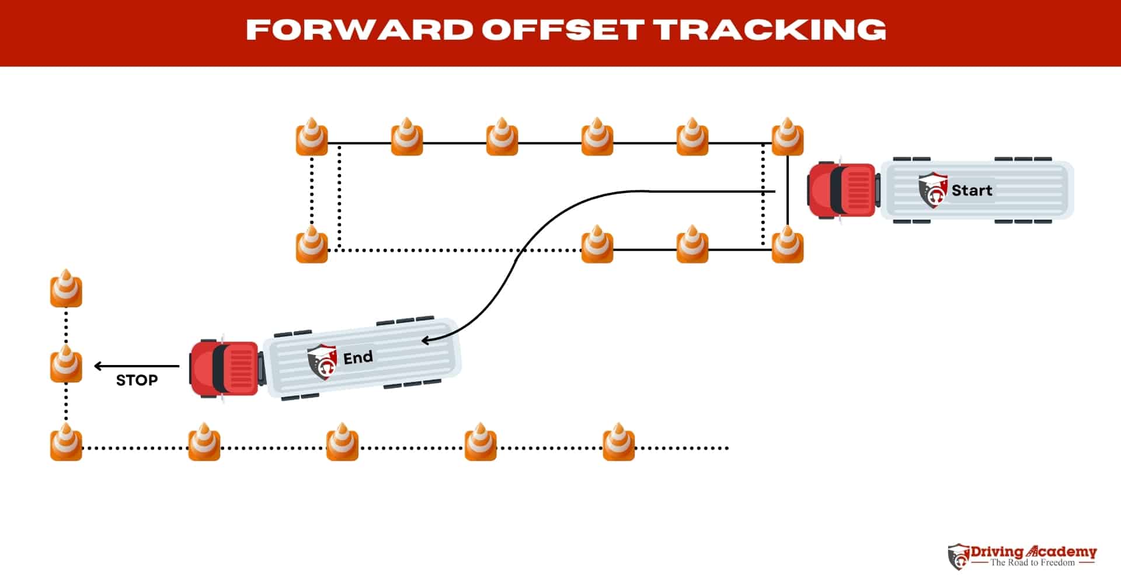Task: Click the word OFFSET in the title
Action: pyautogui.click(x=563, y=29)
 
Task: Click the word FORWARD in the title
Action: pyautogui.click(x=359, y=29)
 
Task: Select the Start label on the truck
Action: pyautogui.click(x=972, y=190)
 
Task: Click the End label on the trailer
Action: pyautogui.click(x=357, y=357)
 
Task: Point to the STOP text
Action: pyautogui.click(x=137, y=380)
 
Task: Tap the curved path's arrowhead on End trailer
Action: pyautogui.click(x=426, y=340)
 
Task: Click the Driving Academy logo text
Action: pyautogui.click(x=1033, y=552)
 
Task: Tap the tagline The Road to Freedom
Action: pyautogui.click(x=1032, y=563)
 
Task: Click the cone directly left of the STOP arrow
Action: pyautogui.click(x=66, y=365)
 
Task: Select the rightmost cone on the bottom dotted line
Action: pyautogui.click(x=618, y=443)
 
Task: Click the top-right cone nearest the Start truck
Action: pyautogui.click(x=787, y=138)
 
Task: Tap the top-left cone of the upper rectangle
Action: pyautogui.click(x=311, y=138)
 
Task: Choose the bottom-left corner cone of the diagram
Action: pyautogui.click(x=66, y=443)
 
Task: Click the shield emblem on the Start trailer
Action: pyautogui.click(x=932, y=190)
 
